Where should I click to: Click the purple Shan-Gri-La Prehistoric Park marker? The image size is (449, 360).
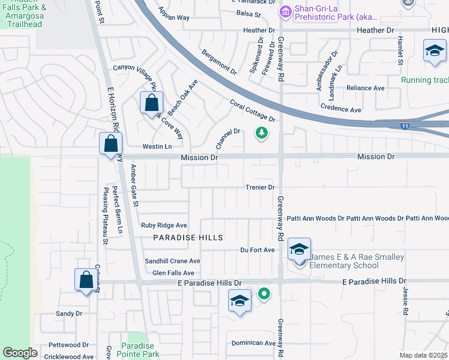(285, 10)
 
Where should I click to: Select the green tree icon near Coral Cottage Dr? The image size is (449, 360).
(261, 132)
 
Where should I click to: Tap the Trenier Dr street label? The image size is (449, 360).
(259, 187)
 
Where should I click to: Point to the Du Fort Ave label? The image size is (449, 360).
(257, 250)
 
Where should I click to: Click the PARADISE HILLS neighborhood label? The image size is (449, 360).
(188, 238)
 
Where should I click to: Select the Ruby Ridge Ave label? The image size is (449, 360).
(164, 226)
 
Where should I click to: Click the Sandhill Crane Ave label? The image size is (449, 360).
(172, 261)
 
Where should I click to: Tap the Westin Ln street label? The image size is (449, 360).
(157, 146)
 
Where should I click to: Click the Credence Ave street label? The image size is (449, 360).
(341, 110)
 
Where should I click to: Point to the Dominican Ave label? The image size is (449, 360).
(253, 343)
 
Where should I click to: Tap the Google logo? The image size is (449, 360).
(20, 353)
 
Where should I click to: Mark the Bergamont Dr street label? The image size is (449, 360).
(219, 62)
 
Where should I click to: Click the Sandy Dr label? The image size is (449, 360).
(68, 313)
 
